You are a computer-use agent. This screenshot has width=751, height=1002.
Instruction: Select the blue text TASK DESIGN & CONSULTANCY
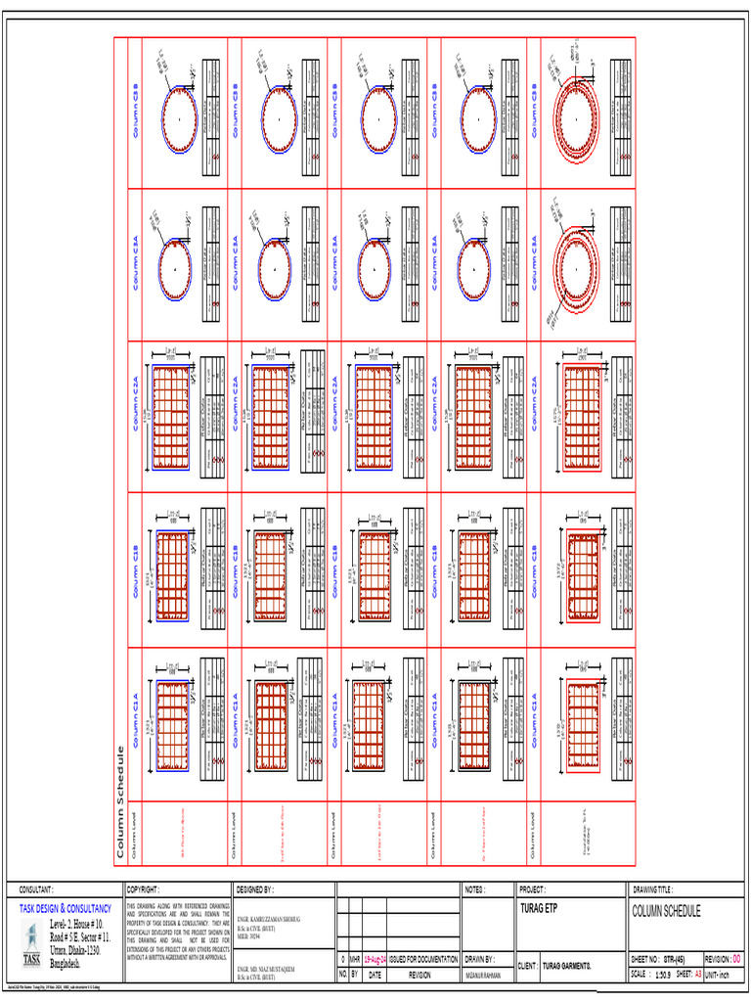[65, 909]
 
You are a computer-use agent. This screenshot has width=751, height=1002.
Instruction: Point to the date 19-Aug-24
[375, 960]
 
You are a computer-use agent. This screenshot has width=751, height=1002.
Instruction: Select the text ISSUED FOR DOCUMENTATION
[422, 960]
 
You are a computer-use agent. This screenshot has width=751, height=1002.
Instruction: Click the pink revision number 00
[736, 960]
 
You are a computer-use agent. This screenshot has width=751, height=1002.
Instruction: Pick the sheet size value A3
[725, 975]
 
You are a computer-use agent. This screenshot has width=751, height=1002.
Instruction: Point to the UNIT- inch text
[747, 975]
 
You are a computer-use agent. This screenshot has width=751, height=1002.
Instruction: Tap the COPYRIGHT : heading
[145, 890]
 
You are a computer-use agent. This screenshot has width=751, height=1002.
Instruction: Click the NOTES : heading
[476, 890]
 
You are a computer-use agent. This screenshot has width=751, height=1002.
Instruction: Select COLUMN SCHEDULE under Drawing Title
[668, 912]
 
